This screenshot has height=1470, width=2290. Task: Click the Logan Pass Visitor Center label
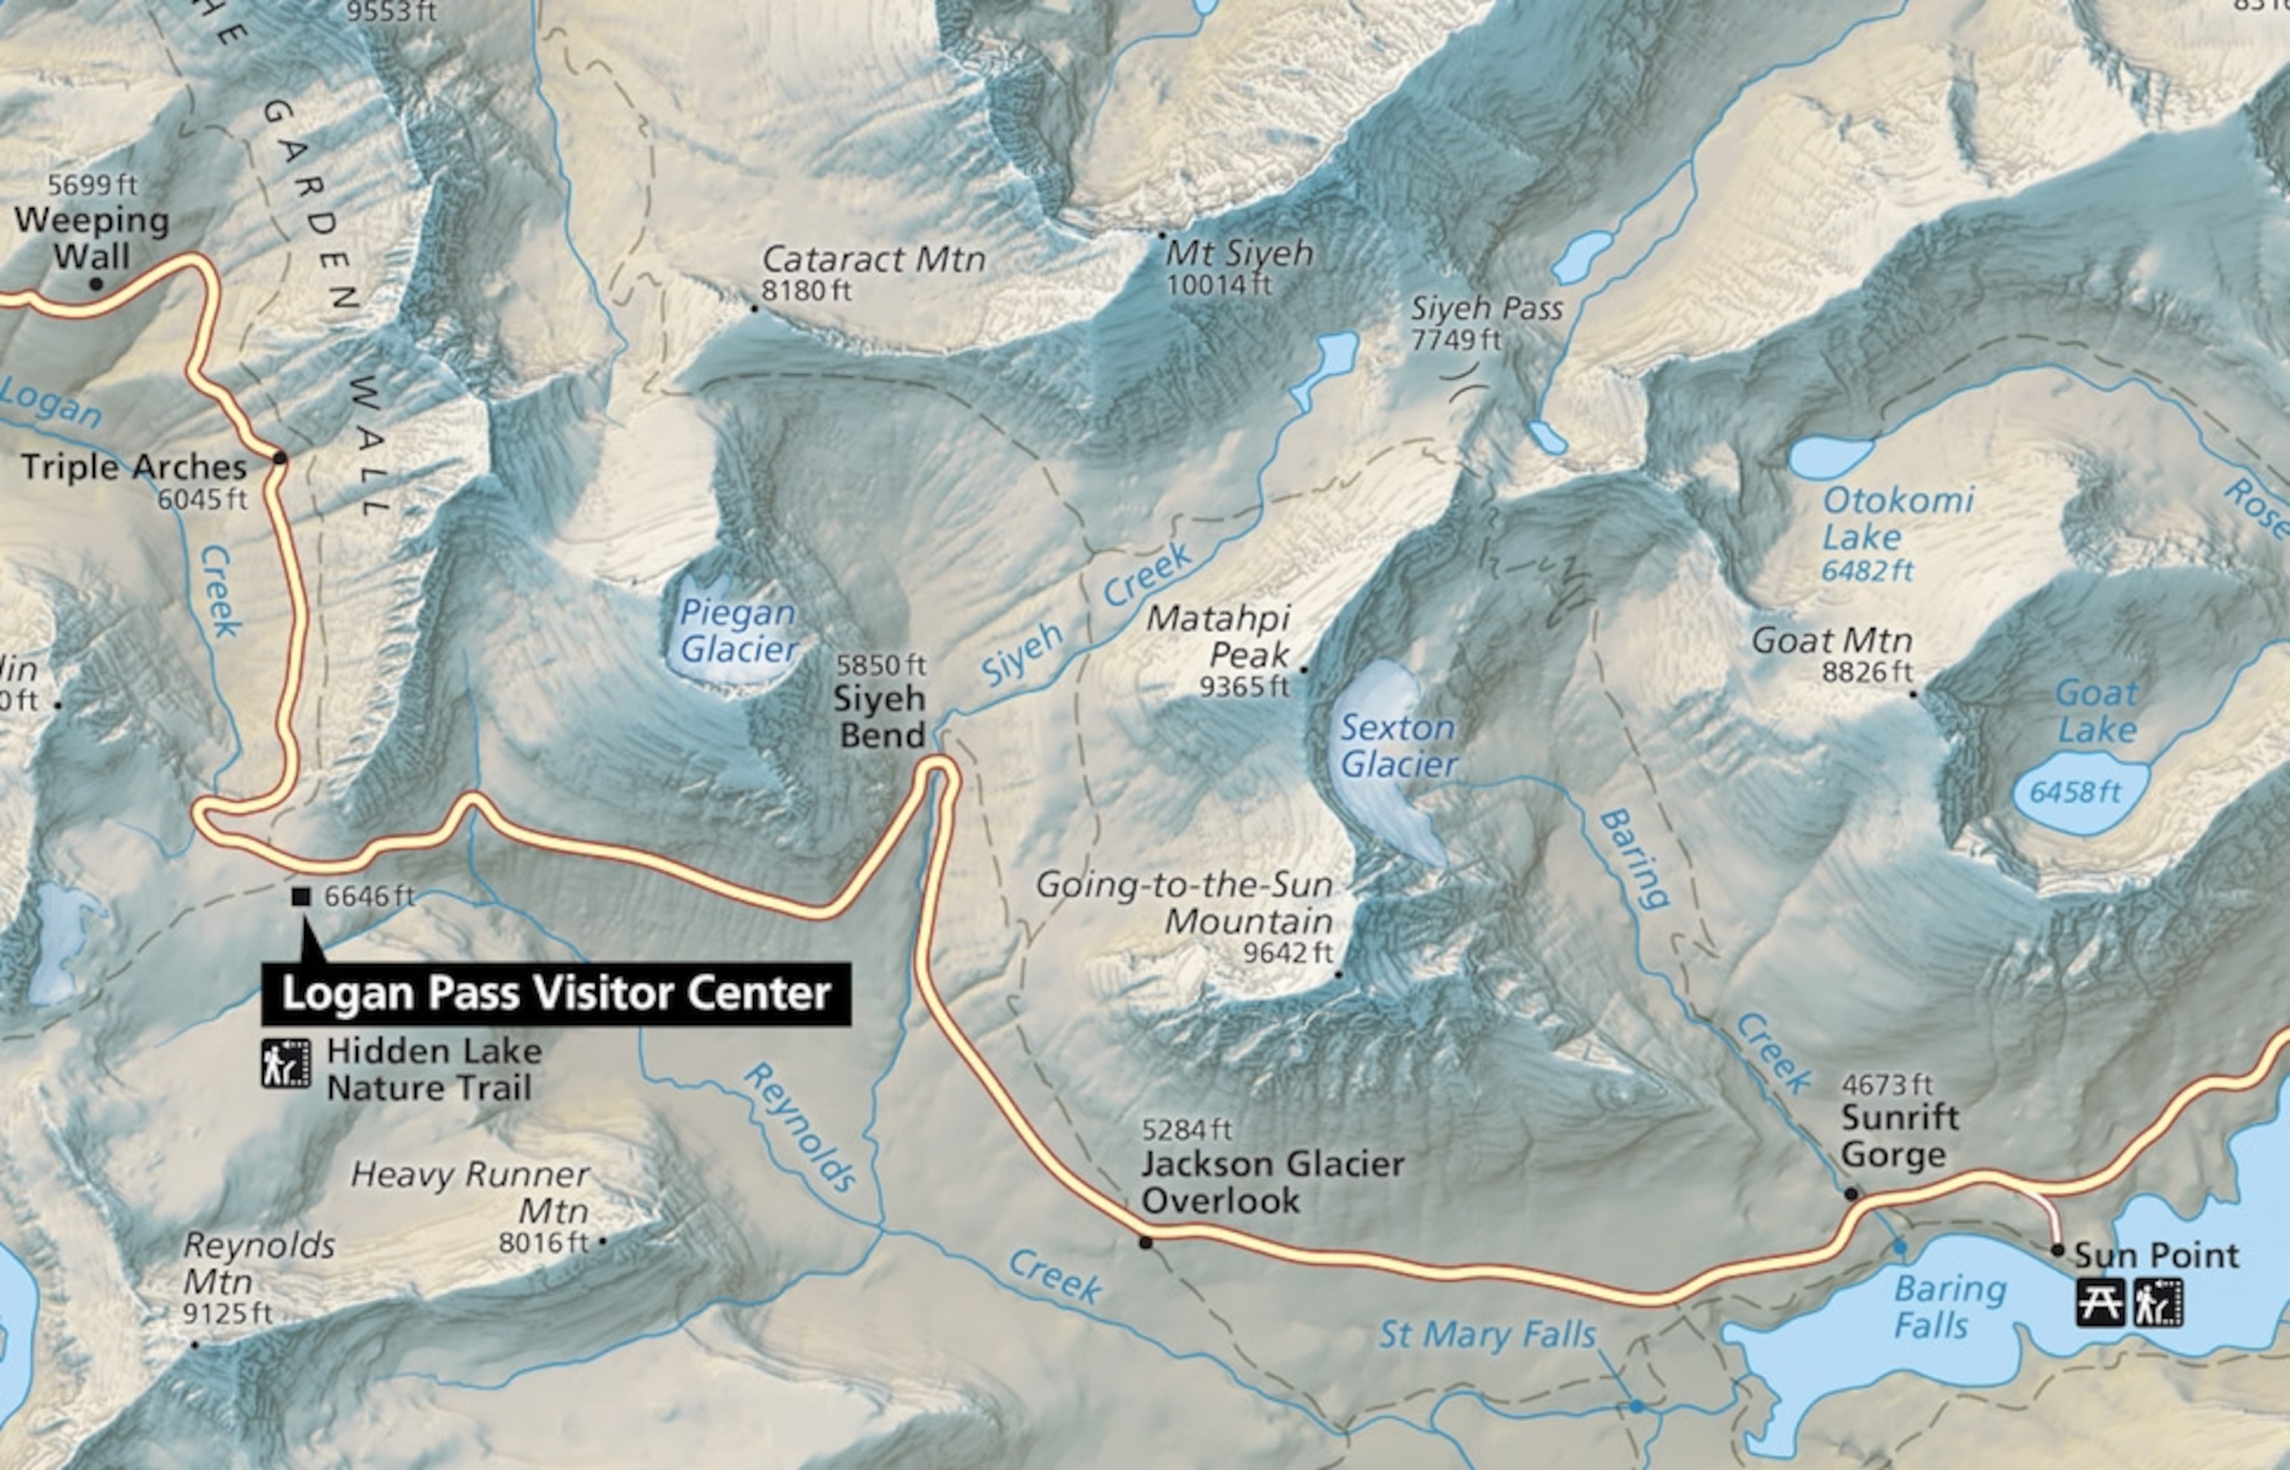(x=555, y=994)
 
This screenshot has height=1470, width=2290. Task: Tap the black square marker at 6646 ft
(x=300, y=896)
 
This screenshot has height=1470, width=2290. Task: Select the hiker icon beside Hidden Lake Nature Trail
(x=286, y=1064)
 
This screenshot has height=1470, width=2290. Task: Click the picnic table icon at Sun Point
(x=2100, y=1303)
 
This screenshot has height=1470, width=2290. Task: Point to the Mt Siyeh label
(x=1239, y=254)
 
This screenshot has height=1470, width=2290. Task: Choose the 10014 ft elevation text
(x=1218, y=285)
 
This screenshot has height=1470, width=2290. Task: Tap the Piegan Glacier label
(x=738, y=631)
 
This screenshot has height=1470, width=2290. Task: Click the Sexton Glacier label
(x=1398, y=745)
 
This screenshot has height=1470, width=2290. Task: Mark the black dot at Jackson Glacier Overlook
(x=1146, y=1242)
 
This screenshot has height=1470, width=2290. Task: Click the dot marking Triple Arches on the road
(x=280, y=458)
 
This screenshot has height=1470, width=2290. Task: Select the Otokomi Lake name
(x=1896, y=517)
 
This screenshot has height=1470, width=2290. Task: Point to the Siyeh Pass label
(x=1486, y=309)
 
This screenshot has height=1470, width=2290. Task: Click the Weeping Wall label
(x=92, y=238)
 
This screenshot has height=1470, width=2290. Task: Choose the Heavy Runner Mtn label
(x=470, y=1192)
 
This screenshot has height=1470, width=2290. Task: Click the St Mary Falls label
(x=1486, y=1334)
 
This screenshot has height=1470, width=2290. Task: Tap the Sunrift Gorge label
(x=1899, y=1136)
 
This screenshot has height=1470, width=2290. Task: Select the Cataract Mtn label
(x=872, y=259)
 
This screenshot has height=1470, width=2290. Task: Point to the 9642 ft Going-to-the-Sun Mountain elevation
(x=1287, y=953)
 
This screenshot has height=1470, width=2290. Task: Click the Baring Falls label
(x=1949, y=1307)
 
